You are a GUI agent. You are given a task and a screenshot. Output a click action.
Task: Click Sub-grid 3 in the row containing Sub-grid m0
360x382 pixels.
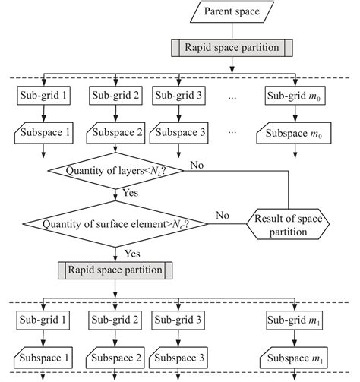click(178, 96)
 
